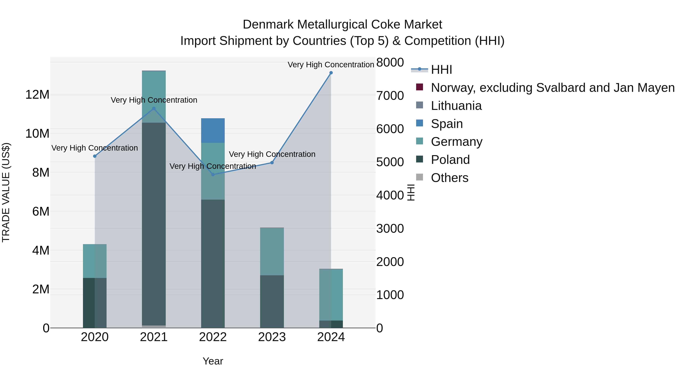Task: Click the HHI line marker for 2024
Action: (x=331, y=73)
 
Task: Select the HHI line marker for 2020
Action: (x=95, y=156)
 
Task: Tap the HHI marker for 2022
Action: (x=213, y=175)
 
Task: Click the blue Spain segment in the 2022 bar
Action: (x=213, y=130)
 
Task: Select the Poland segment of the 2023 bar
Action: (x=272, y=301)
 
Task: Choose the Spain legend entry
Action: (x=447, y=124)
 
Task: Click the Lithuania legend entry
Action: (x=456, y=106)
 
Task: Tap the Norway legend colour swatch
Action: (x=419, y=87)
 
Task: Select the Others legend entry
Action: (x=449, y=178)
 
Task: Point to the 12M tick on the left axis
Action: (x=37, y=95)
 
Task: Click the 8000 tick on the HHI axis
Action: (x=390, y=63)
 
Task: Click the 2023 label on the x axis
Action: (x=272, y=337)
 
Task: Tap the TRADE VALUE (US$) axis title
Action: (x=6, y=192)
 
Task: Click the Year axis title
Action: (x=213, y=361)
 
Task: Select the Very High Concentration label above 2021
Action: (x=154, y=100)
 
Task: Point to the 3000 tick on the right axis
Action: (x=390, y=229)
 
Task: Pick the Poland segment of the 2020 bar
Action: (x=95, y=303)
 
